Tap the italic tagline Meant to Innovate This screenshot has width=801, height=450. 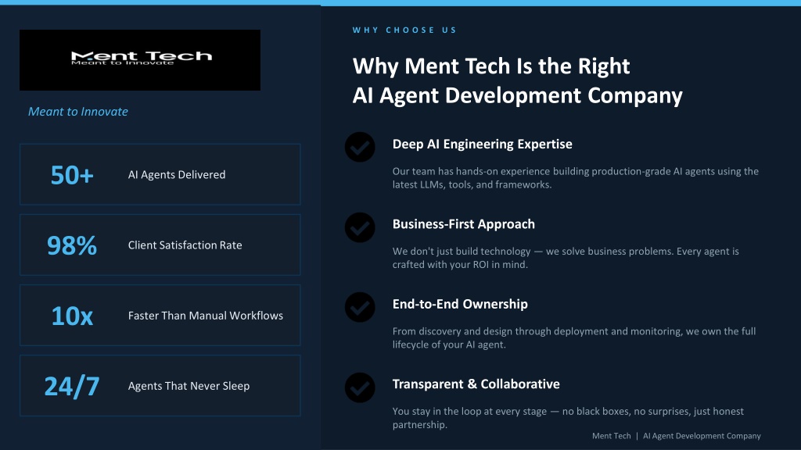tap(78, 112)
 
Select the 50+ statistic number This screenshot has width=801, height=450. tap(72, 175)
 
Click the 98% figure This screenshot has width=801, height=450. tap(72, 245)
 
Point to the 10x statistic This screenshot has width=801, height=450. tap(72, 316)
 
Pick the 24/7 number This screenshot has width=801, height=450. tap(72, 386)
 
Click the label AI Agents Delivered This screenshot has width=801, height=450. tap(177, 174)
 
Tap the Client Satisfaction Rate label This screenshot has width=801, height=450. tap(185, 245)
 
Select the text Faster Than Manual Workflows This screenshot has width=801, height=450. tap(206, 316)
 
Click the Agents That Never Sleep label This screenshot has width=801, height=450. tap(189, 386)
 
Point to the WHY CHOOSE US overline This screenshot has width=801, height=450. tap(404, 30)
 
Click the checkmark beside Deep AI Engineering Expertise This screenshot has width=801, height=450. tap(360, 147)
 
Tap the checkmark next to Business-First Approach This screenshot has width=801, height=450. tap(360, 227)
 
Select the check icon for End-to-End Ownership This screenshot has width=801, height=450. tap(360, 307)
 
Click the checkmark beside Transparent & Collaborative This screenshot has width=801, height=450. tap(360, 387)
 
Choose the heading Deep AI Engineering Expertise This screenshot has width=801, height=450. tap(482, 145)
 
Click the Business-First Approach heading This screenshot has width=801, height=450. tap(464, 224)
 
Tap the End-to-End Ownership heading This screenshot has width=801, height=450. tap(460, 304)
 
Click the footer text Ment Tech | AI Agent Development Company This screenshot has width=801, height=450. tap(677, 436)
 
